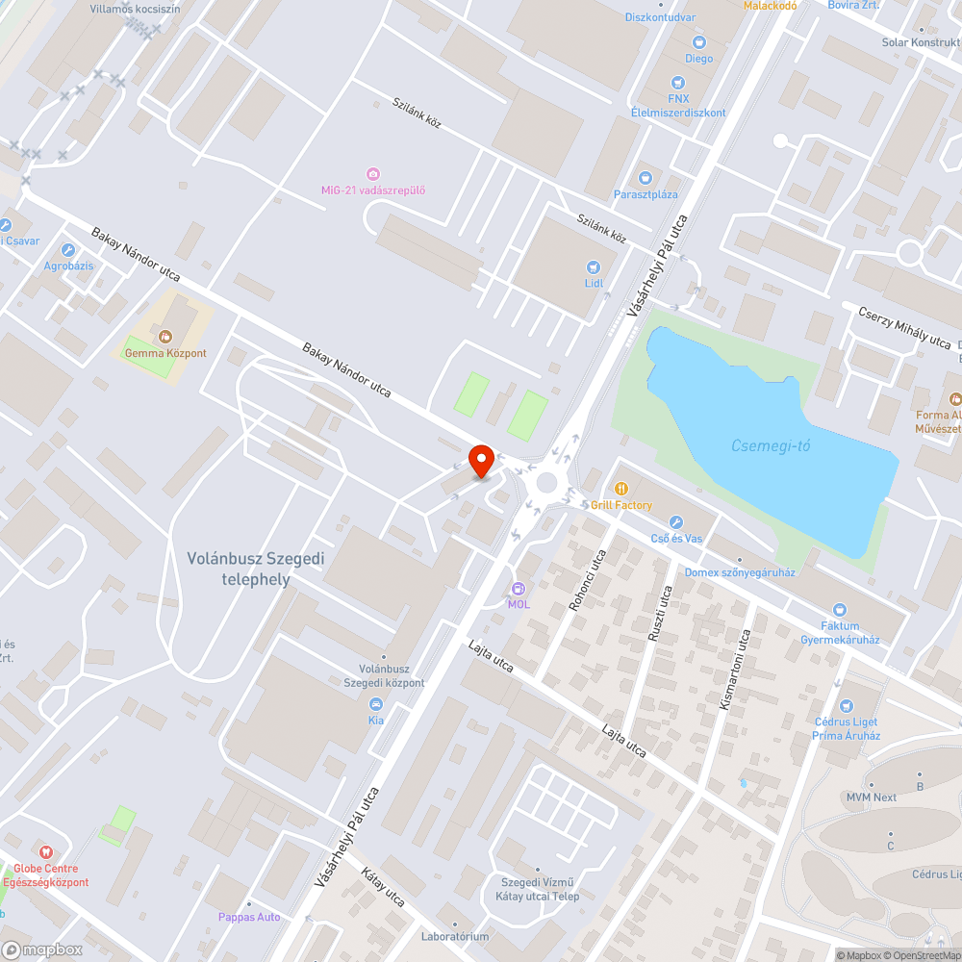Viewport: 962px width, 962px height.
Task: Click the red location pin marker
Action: click(480, 460)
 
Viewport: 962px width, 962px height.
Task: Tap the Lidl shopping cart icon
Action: click(593, 266)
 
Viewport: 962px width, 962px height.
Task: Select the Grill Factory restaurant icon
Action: click(621, 488)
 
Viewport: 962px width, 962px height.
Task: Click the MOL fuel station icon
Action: click(519, 588)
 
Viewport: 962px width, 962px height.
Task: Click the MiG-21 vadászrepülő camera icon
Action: click(373, 173)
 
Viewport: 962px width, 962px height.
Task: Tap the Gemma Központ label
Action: click(165, 353)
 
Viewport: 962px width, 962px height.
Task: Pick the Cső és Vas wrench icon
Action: click(675, 521)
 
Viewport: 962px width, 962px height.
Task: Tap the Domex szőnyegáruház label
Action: click(740, 572)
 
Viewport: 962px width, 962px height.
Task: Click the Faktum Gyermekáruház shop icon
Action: click(840, 609)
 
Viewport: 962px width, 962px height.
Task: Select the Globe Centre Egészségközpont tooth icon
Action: click(44, 852)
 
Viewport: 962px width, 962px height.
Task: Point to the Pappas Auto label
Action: click(249, 917)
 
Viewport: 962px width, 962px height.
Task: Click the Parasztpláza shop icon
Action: click(646, 178)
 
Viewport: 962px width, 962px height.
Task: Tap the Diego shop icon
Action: click(699, 42)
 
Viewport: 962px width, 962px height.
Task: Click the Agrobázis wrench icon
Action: click(66, 250)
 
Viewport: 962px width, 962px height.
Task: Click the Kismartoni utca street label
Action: click(736, 670)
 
